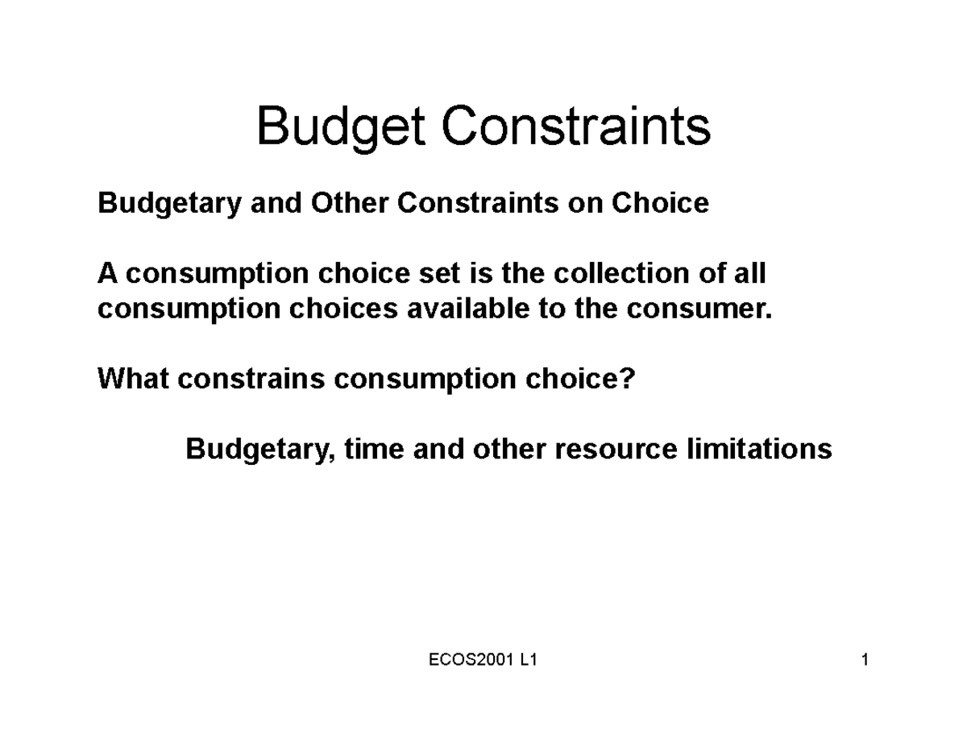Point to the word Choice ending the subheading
[660, 203]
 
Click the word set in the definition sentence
[436, 274]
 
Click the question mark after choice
[629, 378]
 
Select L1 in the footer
[529, 662]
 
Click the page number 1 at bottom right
[865, 662]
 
